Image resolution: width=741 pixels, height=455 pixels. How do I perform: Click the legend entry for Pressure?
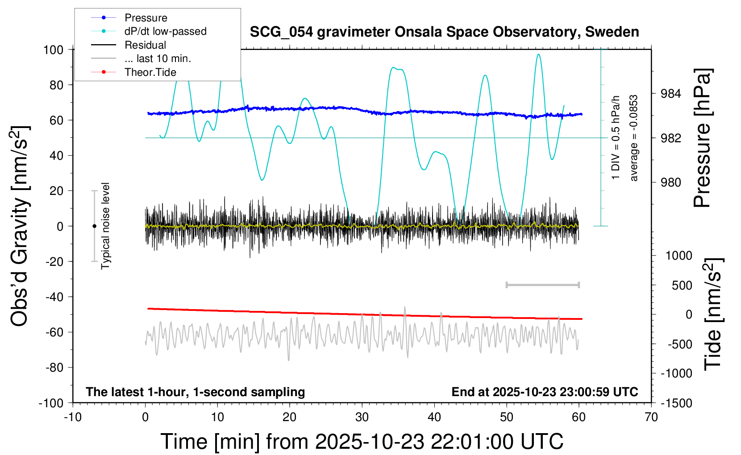click(146, 18)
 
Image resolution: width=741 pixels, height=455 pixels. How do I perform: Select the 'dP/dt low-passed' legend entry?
click(165, 31)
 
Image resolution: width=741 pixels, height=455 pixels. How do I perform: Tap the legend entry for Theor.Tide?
click(150, 72)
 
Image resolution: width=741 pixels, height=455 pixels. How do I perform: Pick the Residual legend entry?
click(145, 45)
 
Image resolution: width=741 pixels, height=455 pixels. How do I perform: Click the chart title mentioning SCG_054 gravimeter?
click(444, 32)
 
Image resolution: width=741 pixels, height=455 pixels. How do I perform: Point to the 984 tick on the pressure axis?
click(670, 94)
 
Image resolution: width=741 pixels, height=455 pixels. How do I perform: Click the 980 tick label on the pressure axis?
click(670, 182)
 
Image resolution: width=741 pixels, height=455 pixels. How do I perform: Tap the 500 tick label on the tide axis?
click(682, 285)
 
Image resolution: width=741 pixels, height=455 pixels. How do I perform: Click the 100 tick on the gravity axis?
click(53, 50)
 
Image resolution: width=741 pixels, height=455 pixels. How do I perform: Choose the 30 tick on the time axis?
click(362, 417)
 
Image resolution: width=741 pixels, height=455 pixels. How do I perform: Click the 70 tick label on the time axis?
click(651, 417)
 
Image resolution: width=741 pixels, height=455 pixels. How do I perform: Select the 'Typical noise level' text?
click(105, 226)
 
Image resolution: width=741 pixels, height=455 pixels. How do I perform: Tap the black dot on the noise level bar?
click(94, 226)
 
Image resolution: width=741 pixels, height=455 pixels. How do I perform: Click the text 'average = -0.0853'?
click(634, 138)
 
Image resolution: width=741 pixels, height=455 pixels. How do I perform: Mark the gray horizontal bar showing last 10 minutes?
click(542, 285)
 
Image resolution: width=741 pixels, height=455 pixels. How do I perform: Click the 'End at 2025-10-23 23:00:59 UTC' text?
click(545, 392)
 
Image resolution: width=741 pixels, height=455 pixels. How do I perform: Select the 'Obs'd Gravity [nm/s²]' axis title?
click(21, 226)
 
